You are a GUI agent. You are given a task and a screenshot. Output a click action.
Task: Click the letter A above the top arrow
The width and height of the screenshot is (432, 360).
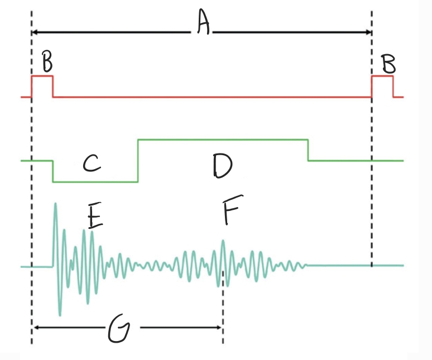click(203, 24)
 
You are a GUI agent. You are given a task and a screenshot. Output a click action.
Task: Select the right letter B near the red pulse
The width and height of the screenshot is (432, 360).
click(388, 63)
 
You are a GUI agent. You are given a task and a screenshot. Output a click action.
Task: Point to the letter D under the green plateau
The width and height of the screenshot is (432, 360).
click(222, 165)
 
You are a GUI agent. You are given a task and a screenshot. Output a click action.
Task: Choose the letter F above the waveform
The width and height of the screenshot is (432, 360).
click(230, 212)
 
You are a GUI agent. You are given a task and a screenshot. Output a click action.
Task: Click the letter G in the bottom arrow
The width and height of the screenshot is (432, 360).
click(119, 330)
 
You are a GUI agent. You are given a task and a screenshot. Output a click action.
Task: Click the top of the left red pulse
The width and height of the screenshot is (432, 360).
click(42, 76)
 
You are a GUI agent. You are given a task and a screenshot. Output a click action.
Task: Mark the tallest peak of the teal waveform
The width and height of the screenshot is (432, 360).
click(55, 204)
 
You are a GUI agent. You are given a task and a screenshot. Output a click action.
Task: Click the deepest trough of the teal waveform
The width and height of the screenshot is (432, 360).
click(60, 314)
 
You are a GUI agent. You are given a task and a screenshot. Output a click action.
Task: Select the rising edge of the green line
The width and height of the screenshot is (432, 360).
click(138, 161)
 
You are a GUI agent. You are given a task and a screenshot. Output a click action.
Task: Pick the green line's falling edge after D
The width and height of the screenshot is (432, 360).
click(308, 150)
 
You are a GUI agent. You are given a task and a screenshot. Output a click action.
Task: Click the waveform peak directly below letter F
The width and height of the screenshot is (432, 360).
click(223, 241)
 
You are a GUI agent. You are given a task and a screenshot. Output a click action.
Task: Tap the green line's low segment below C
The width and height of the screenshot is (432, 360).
click(95, 181)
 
